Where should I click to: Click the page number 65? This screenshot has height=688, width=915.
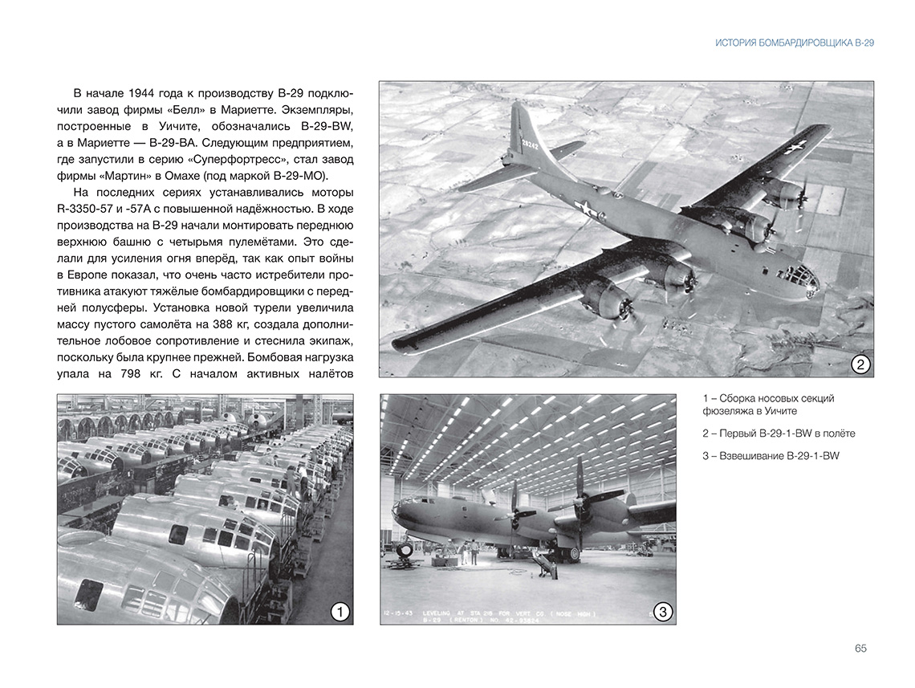860,649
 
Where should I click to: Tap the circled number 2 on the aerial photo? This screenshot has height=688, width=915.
860,364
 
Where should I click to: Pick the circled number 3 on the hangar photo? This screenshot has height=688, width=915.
662,613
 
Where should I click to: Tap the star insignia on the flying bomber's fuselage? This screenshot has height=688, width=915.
588,210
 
